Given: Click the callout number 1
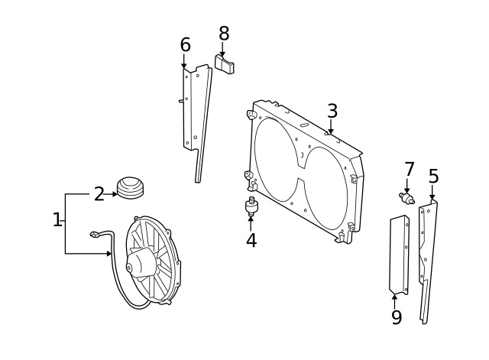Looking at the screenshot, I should [x=57, y=220].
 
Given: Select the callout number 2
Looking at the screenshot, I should [x=99, y=194].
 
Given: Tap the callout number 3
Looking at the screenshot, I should [x=332, y=111].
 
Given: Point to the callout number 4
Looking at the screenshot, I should [x=251, y=241].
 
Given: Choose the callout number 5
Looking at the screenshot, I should [x=433, y=177].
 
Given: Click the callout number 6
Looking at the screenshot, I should [x=185, y=45].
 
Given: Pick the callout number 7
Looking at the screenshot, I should [x=409, y=169].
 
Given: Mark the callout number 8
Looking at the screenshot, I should [x=223, y=34].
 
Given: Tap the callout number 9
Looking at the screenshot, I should [x=396, y=316].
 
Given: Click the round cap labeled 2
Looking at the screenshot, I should [x=130, y=187].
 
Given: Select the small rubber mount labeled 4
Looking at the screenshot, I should [x=251, y=206].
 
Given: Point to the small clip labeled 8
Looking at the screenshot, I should [x=224, y=64].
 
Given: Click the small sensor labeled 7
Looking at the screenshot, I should [x=407, y=199].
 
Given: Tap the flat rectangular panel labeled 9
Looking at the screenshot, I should [x=399, y=255].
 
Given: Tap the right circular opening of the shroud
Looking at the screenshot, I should [x=325, y=187].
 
